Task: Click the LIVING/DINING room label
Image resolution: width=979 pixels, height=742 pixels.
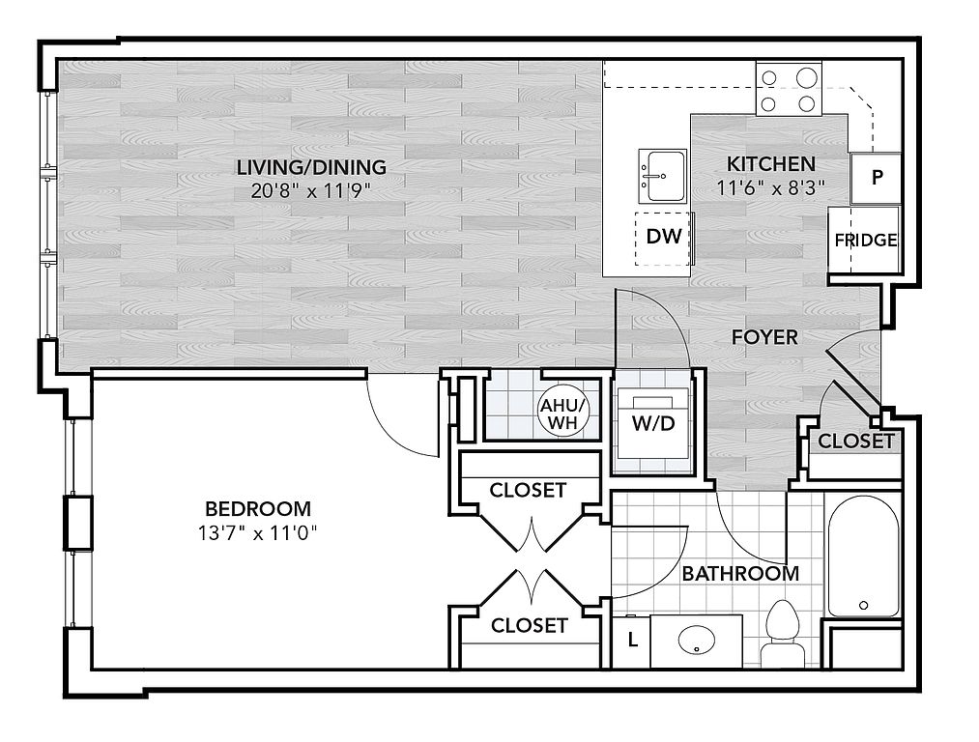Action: click(311, 167)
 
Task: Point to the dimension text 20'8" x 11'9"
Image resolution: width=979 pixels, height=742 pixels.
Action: click(311, 190)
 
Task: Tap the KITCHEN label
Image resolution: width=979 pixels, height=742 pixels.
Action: click(770, 163)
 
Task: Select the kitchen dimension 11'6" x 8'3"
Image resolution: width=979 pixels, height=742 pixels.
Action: click(770, 187)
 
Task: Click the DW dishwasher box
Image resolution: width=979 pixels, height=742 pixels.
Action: click(664, 236)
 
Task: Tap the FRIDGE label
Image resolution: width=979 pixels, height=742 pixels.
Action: click(866, 241)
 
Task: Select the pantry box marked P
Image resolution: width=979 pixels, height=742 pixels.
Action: click(877, 178)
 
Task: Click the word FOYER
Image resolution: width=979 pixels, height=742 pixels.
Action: click(764, 337)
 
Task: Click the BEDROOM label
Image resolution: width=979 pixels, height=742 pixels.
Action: click(258, 508)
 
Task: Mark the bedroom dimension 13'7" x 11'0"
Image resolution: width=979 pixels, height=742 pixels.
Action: click(258, 531)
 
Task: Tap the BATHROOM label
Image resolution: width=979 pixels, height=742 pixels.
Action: click(740, 573)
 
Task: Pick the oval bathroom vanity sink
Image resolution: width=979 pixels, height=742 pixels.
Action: click(695, 640)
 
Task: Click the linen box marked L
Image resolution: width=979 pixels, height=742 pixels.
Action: click(632, 640)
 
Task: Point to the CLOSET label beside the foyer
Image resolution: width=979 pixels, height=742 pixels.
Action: click(855, 442)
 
